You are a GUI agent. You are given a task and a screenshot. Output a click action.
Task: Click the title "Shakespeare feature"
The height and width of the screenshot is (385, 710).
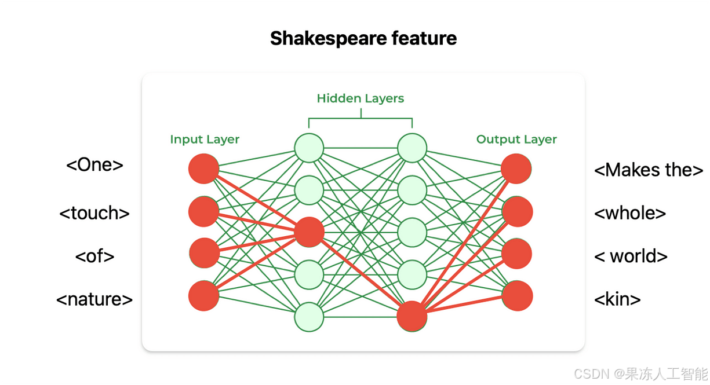pos(363,39)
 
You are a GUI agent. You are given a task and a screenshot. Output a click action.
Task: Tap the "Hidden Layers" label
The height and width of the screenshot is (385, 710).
pos(360,98)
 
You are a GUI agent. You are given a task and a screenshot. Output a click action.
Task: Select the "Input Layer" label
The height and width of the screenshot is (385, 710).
pos(205,140)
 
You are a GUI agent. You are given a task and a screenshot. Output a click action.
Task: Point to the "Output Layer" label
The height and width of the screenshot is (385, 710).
pos(516,140)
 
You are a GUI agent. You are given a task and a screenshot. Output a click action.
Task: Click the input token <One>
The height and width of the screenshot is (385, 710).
pos(94,165)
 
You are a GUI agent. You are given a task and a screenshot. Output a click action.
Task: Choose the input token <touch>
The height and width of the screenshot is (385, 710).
pos(94,213)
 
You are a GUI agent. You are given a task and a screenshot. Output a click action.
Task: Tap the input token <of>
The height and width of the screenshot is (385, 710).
pos(94,256)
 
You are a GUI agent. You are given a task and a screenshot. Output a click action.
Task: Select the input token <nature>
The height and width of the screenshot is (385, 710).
pos(94,299)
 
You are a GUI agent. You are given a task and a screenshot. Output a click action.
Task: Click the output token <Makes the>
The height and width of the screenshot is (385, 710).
pos(649,170)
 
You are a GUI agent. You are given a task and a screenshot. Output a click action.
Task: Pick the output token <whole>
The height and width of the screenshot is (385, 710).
pos(630,213)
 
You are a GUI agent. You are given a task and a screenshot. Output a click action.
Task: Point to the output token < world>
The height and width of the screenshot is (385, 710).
pos(631,256)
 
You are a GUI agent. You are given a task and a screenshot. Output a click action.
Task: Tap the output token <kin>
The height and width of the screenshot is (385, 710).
pos(618,299)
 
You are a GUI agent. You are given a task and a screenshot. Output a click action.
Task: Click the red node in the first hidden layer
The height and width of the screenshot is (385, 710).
pos(309,232)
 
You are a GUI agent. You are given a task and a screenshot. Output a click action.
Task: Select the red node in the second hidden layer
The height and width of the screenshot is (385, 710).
pos(412,317)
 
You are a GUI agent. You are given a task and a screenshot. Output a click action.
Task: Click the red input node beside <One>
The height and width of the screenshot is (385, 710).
pos(204,169)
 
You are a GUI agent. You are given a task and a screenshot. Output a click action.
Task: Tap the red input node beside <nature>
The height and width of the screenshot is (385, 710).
pos(204,296)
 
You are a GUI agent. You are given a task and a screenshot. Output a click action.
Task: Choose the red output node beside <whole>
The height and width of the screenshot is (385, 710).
pos(516,211)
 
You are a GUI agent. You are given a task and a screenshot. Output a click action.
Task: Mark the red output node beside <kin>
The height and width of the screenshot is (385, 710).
pos(516,296)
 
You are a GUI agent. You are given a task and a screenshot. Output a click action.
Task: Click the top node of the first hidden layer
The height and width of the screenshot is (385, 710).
pos(309,148)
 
